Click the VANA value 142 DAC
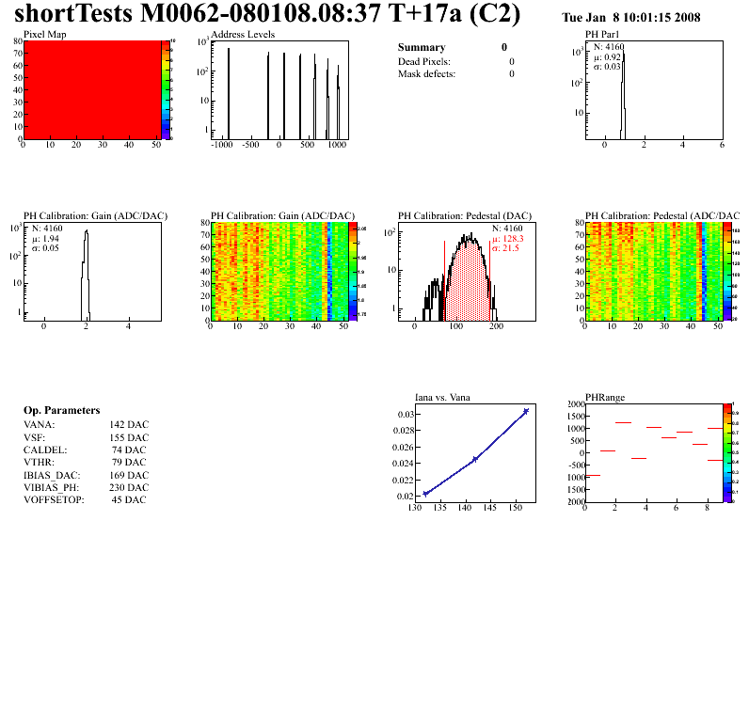click(129, 425)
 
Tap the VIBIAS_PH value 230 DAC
click(129, 487)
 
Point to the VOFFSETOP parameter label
click(54, 499)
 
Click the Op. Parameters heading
click(61, 411)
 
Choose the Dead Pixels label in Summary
click(423, 61)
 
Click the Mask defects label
click(426, 73)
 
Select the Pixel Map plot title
click(44, 34)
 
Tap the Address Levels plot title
click(243, 34)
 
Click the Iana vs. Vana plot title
click(443, 397)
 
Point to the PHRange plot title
click(606, 397)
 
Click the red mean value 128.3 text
click(513, 239)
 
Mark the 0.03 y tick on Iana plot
click(405, 414)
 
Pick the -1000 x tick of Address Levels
click(221, 146)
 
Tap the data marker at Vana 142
click(475, 459)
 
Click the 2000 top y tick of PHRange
click(574, 403)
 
